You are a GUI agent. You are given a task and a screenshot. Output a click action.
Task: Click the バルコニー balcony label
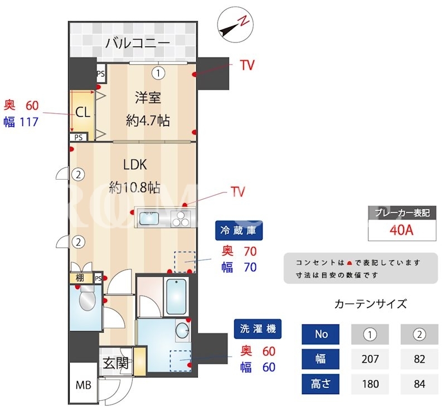point(138,44)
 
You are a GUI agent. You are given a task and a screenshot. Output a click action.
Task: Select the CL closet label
point(83,113)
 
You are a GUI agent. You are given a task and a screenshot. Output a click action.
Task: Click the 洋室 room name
point(148,98)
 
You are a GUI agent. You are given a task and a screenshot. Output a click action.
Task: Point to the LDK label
point(135,165)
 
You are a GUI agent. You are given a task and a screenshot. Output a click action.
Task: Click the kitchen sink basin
point(149,218)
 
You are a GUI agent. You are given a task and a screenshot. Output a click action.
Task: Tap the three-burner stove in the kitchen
point(181,218)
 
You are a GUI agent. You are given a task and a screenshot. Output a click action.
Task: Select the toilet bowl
point(87,300)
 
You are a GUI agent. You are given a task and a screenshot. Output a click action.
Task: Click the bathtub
point(176,297)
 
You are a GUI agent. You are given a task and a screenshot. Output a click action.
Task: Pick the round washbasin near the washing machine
point(183,332)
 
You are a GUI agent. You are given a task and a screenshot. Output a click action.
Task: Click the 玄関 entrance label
point(115,363)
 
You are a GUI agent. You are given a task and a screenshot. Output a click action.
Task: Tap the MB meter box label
point(83,386)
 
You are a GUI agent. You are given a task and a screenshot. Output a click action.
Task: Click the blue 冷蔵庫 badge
point(239,230)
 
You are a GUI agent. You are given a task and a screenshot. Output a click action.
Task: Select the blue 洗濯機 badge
point(258,328)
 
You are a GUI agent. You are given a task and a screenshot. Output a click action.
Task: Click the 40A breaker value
point(401,230)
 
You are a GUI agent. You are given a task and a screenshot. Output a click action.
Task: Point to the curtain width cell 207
point(370,359)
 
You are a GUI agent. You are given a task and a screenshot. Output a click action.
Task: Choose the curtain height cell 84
point(420,384)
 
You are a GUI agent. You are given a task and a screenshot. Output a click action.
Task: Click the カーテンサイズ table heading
point(371,304)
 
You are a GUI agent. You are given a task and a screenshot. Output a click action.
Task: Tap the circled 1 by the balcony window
point(158,73)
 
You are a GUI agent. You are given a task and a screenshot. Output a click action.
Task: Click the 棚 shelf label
point(80,277)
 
